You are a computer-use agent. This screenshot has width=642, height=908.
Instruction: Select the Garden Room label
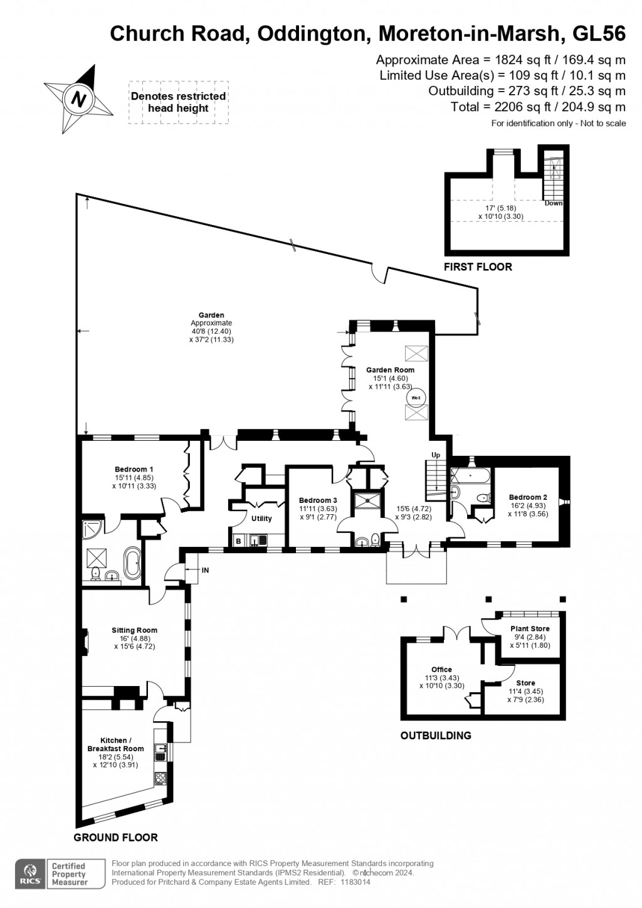pos(390,370)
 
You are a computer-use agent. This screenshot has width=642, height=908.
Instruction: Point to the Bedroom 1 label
pos(134,469)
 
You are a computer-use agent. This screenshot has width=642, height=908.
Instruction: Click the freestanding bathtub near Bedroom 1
pos(134,563)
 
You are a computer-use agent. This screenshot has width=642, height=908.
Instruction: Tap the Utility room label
pos(261,519)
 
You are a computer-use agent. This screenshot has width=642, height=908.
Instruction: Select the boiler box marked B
pos(238,541)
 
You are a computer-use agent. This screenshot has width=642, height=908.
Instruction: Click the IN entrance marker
pos(205,570)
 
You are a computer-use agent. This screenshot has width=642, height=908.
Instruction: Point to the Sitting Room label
pos(134,630)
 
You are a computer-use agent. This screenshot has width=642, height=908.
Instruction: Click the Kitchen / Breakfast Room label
pos(115,744)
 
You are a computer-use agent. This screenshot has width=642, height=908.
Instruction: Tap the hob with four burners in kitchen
pos(160,779)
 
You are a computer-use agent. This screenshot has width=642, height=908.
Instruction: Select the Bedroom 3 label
pos(318,500)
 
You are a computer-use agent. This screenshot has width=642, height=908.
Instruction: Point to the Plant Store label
pos(530,628)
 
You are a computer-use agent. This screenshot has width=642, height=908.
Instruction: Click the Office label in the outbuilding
pos(441,670)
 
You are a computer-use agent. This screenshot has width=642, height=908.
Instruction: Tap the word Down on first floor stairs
pos(553,203)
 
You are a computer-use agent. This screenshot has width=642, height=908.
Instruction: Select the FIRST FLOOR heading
pos(478,267)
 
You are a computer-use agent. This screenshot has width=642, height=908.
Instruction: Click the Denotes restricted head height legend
pos(178,102)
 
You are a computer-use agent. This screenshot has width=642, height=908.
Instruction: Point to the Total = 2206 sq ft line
pos(537,107)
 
